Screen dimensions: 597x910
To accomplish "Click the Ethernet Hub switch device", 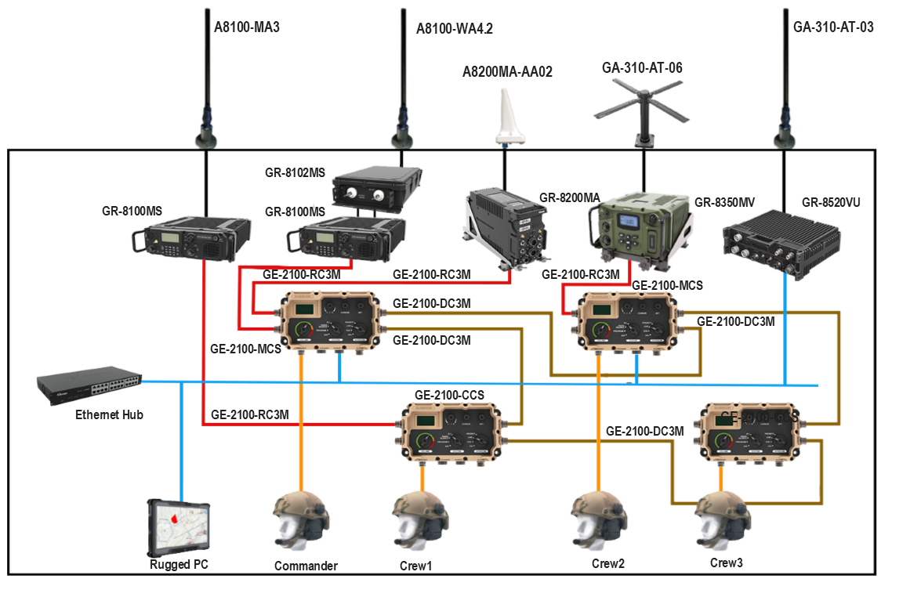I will (x=89, y=385).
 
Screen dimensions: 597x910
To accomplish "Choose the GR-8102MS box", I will (x=375, y=189).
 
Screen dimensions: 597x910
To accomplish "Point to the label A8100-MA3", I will (x=247, y=27).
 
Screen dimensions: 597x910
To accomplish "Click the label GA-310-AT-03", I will (x=832, y=27).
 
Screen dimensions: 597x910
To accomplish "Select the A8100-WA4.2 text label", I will (x=454, y=30).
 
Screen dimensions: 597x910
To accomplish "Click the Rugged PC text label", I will (x=179, y=564).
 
